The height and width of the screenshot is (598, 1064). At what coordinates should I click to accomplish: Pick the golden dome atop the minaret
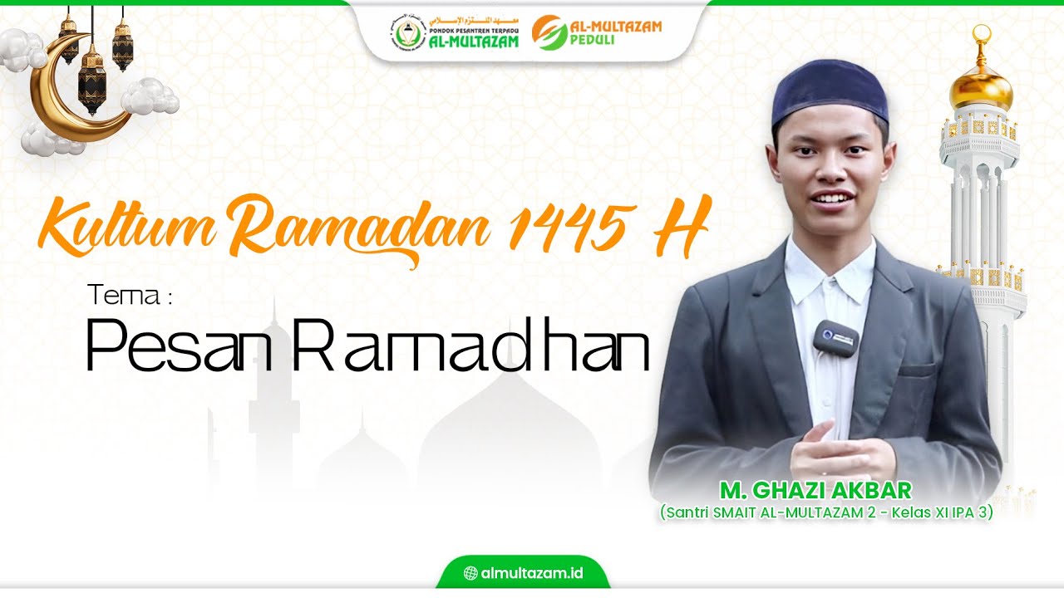click(x=982, y=87)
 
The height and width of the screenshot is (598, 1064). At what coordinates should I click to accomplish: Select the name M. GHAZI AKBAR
click(x=816, y=490)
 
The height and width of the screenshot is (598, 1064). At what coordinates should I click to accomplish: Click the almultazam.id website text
click(x=533, y=573)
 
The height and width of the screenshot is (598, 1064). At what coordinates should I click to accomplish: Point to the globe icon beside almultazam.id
click(x=470, y=573)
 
